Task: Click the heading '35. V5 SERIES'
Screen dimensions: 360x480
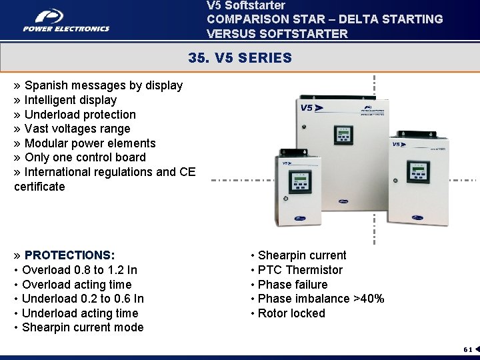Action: [x=240, y=58]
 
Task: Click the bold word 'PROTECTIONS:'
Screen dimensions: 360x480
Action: [x=69, y=255]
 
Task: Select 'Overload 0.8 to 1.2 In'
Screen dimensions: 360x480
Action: [x=79, y=270]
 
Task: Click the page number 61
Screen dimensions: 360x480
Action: [x=468, y=349]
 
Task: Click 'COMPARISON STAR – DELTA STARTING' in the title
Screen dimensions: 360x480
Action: [x=325, y=19]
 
